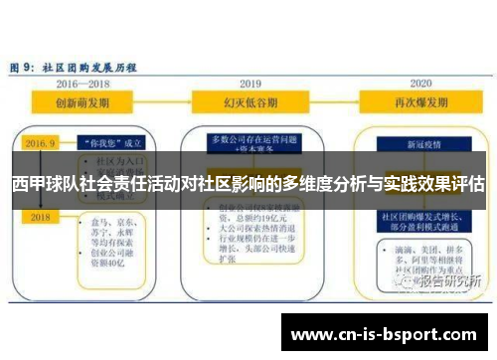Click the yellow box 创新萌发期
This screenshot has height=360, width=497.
click(83, 102)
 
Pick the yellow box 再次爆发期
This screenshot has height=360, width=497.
click(420, 102)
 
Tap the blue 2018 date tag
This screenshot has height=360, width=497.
click(41, 216)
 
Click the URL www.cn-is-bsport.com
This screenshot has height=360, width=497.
click(388, 332)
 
